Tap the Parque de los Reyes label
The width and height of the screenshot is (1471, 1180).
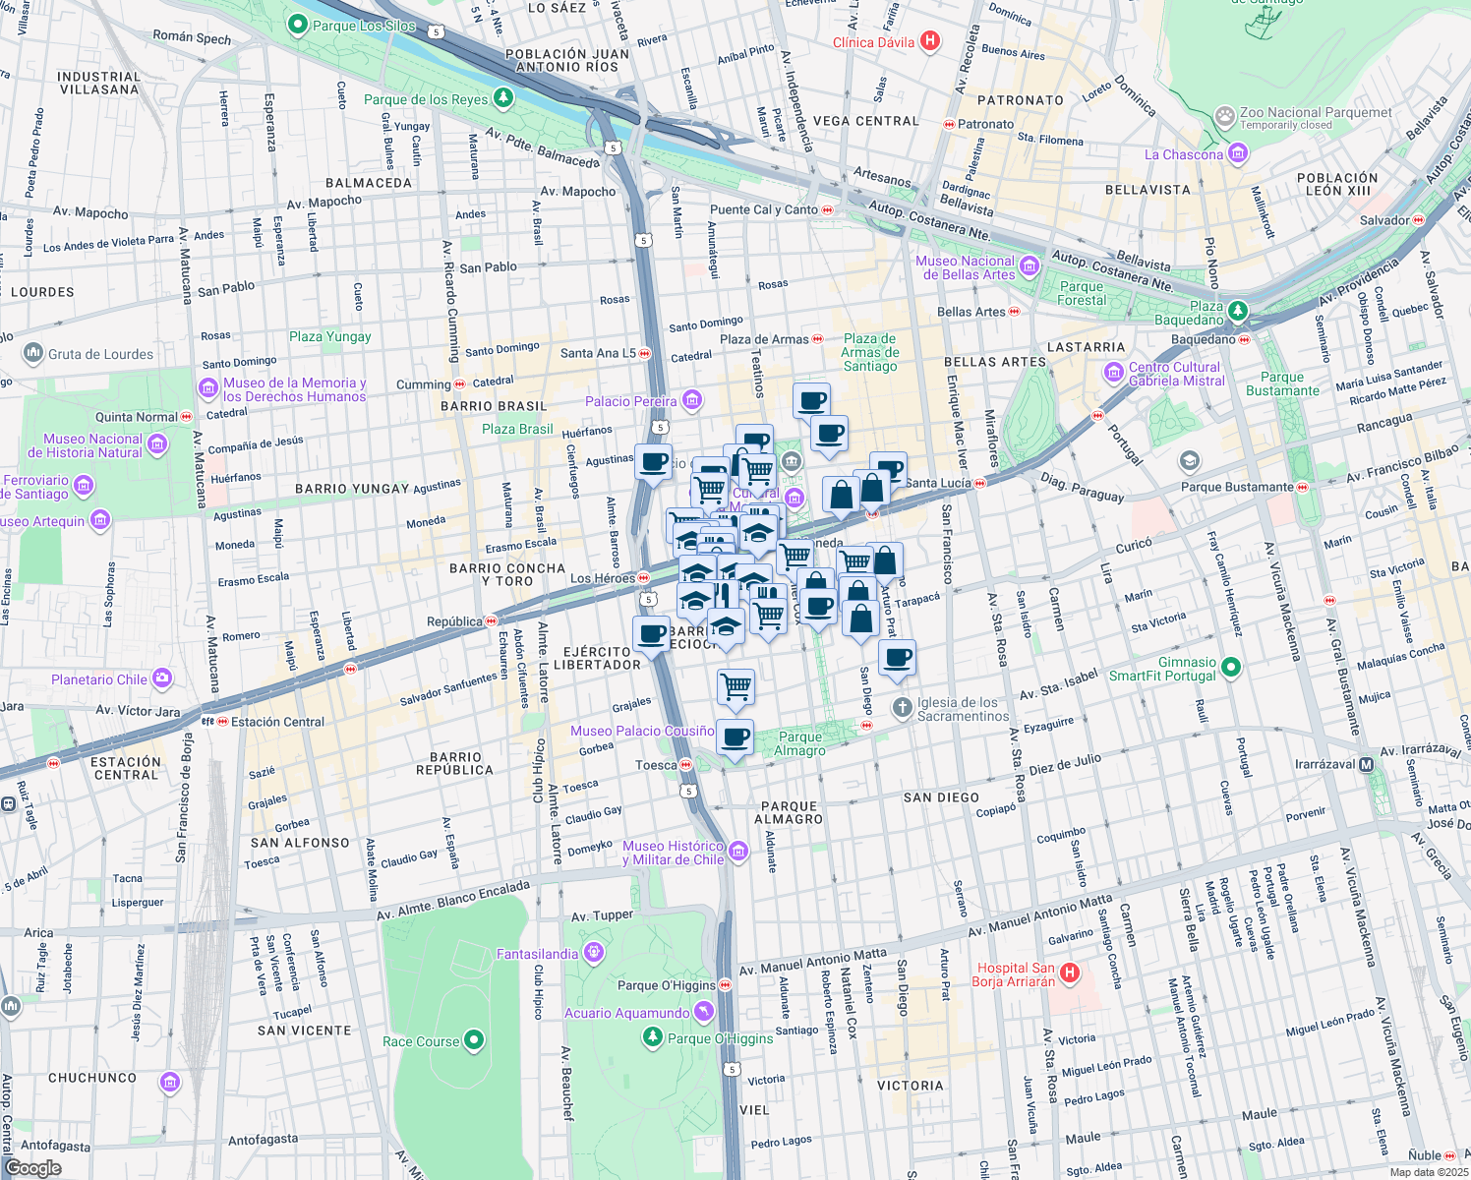coord(426,99)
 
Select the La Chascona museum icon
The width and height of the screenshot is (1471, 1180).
coord(1238,153)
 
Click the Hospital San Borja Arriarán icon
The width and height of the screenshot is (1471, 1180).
coord(1070,973)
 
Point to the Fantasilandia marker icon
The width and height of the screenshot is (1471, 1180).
coord(593,953)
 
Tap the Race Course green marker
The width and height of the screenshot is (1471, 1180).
coord(474,1040)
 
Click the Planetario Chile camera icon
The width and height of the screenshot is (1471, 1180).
coord(162,678)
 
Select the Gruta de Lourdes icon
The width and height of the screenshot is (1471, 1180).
coord(33,353)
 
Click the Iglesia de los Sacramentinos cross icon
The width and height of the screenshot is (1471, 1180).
coord(902,708)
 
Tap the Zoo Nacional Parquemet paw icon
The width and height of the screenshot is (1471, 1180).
coord(1224,117)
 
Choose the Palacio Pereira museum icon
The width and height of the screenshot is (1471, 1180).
coord(691,400)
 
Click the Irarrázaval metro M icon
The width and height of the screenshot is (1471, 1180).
coord(1367,764)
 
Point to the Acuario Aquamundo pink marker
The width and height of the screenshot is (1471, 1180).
coord(703,1012)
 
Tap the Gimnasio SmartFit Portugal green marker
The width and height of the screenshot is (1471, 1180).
coord(1231,668)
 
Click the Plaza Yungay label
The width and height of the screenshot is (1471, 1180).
coord(329,336)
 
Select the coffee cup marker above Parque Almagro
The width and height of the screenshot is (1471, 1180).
coord(735,737)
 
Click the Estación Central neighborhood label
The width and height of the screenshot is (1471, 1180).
coord(126,768)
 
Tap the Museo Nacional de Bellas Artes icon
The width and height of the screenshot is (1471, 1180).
coord(1029,265)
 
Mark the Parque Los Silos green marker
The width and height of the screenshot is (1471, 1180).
coord(297,25)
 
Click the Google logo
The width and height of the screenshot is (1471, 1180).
coord(32,1167)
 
